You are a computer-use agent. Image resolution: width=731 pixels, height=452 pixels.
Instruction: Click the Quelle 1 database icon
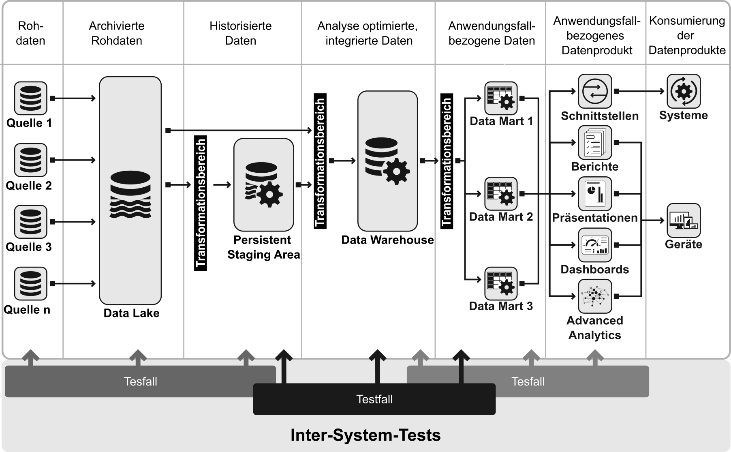pos(31,98)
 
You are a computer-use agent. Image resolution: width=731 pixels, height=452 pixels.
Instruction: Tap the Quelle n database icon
pos(31,283)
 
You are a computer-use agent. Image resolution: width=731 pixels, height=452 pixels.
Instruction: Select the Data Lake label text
pos(131,313)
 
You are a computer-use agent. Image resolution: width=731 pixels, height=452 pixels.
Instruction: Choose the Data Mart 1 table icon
pos(501,98)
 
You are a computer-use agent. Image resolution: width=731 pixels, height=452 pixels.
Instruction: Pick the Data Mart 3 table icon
pos(501,283)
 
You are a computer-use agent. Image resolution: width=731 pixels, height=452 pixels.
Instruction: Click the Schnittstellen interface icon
pos(595,91)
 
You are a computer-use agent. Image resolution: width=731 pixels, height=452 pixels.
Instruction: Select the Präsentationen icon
pos(595,194)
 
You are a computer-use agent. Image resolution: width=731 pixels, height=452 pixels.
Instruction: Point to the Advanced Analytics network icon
pos(595,296)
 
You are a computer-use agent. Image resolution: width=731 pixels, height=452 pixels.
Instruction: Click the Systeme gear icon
pos(684,91)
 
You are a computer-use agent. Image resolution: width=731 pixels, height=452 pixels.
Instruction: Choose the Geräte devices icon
pos(684,221)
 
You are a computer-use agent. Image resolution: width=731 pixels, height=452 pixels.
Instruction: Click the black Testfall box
pos(374,399)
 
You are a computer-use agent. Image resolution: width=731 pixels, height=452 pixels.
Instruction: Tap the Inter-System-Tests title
pos(365,435)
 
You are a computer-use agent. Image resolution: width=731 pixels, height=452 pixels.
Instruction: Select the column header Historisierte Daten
pos(241,33)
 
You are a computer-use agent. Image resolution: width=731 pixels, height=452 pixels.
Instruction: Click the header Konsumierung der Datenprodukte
pos(687,36)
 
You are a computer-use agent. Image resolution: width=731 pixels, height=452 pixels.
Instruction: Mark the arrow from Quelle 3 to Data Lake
pos(73,222)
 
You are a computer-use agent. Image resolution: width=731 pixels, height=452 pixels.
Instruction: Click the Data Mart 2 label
pos(501,217)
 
